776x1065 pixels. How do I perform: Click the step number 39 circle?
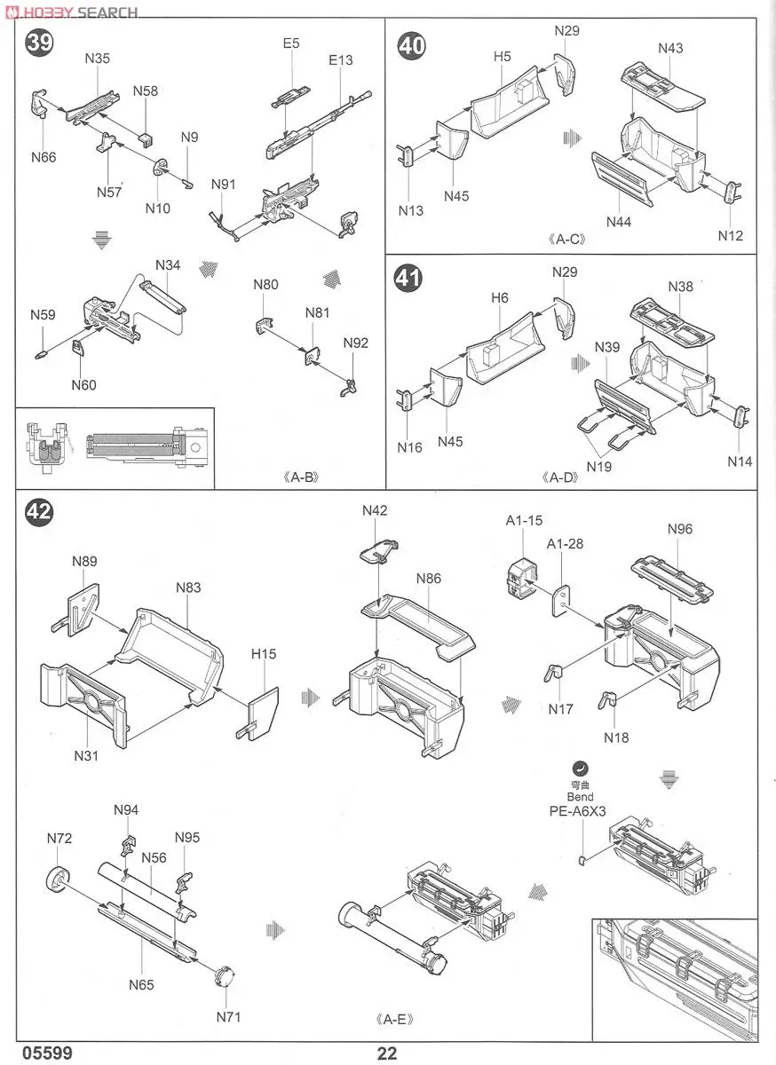(38, 42)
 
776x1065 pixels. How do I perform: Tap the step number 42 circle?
(38, 512)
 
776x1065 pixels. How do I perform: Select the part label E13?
(340, 60)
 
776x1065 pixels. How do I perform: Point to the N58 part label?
(146, 91)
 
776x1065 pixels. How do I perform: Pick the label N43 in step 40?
(670, 48)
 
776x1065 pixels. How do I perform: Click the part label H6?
(500, 298)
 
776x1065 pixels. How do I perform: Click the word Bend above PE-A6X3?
(580, 797)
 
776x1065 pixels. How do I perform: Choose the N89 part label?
(84, 561)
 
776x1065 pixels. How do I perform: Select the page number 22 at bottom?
(387, 1053)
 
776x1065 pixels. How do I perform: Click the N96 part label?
(679, 529)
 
